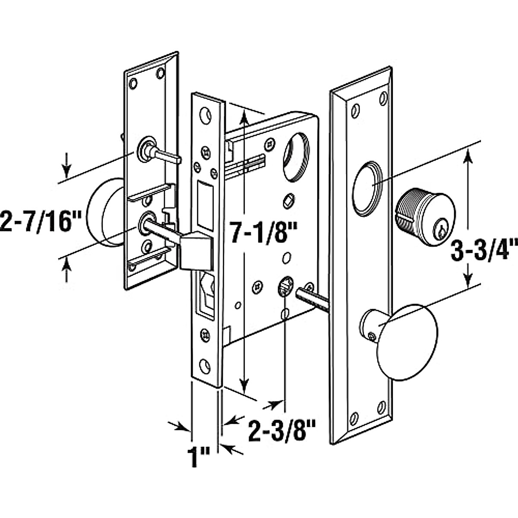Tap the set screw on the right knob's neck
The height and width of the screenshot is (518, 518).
(x=372, y=336)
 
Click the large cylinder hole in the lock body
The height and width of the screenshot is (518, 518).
(x=296, y=157)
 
